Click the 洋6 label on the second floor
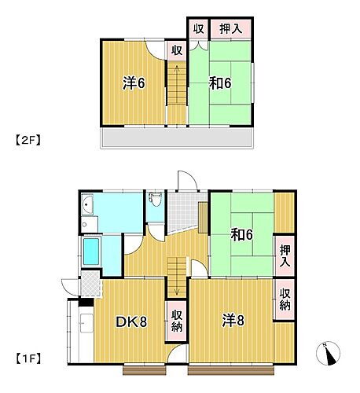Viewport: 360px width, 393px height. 131,83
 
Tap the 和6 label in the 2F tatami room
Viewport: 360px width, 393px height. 219,82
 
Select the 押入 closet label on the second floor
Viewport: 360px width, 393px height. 230,28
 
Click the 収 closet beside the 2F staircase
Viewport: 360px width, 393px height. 177,49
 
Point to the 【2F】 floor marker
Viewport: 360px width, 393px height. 28,141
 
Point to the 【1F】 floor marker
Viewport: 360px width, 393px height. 28,359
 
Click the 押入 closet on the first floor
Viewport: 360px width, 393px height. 285,255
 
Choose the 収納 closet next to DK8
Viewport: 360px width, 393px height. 177,321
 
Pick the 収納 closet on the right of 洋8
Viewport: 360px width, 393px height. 285,299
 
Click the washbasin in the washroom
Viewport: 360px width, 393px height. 88,207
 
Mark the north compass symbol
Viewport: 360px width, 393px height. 329,353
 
